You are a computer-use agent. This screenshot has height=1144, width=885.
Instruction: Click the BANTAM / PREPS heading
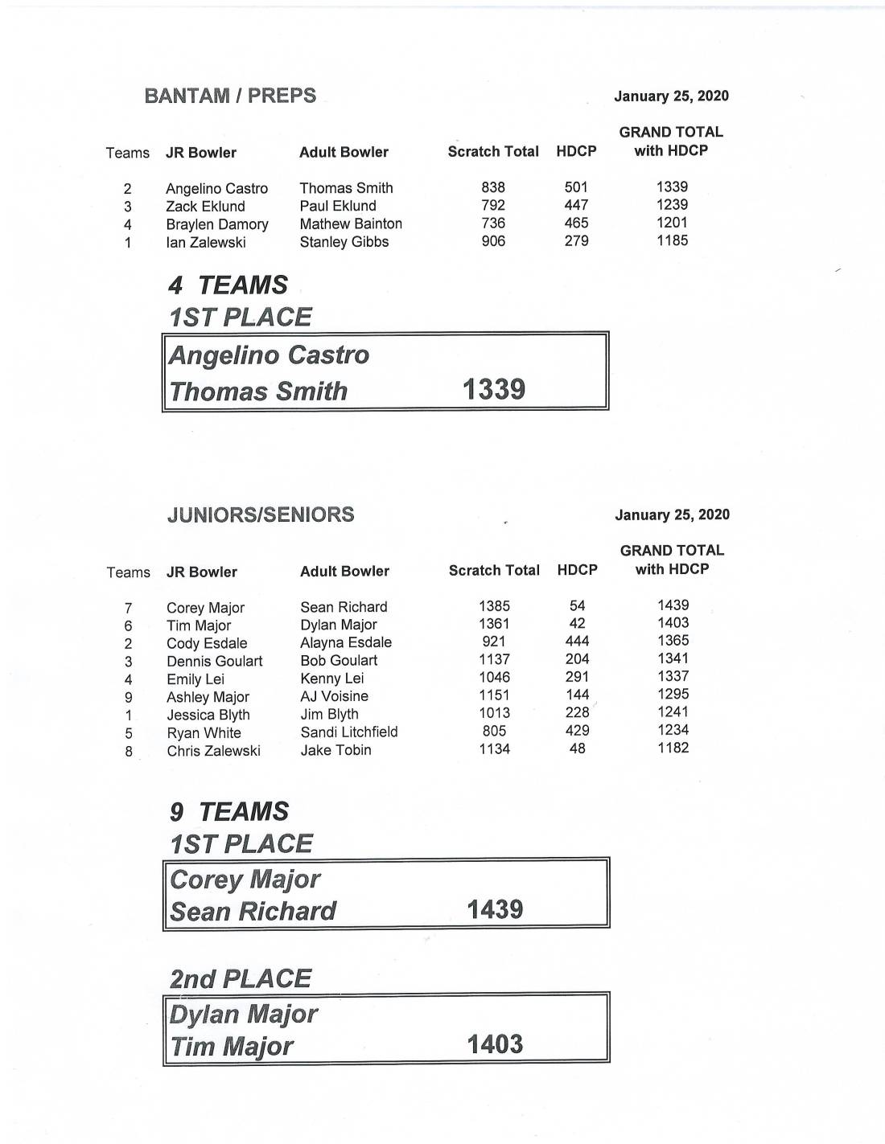pyautogui.click(x=230, y=96)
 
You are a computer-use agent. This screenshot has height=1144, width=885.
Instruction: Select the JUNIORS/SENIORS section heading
pyautogui.click(x=261, y=515)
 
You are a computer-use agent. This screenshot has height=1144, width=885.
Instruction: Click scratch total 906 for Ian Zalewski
pyautogui.click(x=493, y=241)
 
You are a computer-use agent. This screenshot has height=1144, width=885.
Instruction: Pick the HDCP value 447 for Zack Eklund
pyautogui.click(x=576, y=205)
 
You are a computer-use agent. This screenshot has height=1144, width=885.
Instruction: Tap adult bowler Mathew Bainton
pyautogui.click(x=351, y=223)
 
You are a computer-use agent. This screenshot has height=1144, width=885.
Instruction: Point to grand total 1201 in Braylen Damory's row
pyautogui.click(x=672, y=223)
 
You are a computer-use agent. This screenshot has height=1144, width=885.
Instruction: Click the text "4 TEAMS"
pyautogui.click(x=228, y=285)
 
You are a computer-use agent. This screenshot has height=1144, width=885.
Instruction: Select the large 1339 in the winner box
pyautogui.click(x=494, y=390)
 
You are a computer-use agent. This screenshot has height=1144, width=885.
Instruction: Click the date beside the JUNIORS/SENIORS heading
pyautogui.click(x=672, y=515)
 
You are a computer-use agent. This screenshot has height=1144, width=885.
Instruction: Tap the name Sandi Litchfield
pyautogui.click(x=349, y=732)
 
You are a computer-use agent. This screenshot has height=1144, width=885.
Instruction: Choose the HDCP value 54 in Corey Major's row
pyautogui.click(x=577, y=605)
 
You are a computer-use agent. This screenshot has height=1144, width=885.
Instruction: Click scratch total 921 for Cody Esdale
pyautogui.click(x=494, y=642)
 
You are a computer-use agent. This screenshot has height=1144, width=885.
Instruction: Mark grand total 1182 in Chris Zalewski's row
pyautogui.click(x=673, y=748)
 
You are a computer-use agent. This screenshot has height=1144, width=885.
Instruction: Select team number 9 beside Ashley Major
pyautogui.click(x=129, y=697)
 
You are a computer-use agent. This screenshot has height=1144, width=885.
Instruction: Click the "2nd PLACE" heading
pyautogui.click(x=240, y=978)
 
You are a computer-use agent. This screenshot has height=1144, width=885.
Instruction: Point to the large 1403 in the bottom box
pyautogui.click(x=495, y=1044)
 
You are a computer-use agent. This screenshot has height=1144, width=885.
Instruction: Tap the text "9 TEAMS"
pyautogui.click(x=228, y=811)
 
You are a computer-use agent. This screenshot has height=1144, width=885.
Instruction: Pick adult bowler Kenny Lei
pyautogui.click(x=331, y=678)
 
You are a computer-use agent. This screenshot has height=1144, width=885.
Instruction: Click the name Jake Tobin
pyautogui.click(x=335, y=750)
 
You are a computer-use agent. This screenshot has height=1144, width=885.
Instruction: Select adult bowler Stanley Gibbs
pyautogui.click(x=344, y=242)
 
